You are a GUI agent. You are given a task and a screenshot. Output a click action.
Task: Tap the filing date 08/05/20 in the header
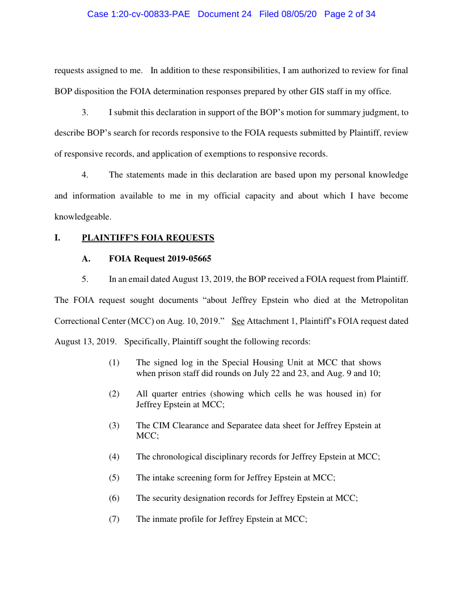(301, 14)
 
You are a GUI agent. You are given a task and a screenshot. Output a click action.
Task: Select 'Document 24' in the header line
(224, 14)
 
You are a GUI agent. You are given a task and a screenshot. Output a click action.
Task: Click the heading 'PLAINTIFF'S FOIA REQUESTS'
(148, 238)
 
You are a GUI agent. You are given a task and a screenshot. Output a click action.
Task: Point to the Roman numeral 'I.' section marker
(57, 238)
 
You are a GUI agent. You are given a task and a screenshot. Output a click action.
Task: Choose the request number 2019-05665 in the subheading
(189, 259)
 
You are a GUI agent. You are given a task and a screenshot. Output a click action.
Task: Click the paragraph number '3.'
(85, 112)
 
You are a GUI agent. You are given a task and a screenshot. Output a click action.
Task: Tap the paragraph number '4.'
(85, 175)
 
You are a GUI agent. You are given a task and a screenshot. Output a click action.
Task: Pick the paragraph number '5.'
(85, 279)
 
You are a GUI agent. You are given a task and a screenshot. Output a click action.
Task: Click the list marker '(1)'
(114, 362)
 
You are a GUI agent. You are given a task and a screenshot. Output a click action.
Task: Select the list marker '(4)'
(114, 456)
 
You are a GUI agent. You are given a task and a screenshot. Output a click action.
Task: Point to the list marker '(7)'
(114, 518)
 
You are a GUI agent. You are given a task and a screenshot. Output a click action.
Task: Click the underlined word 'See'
(238, 320)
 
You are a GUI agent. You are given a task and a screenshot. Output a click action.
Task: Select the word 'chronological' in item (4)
(176, 456)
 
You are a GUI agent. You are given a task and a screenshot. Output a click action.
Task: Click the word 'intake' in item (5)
(163, 477)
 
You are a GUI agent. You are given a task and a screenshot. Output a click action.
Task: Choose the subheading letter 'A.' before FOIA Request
(86, 259)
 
